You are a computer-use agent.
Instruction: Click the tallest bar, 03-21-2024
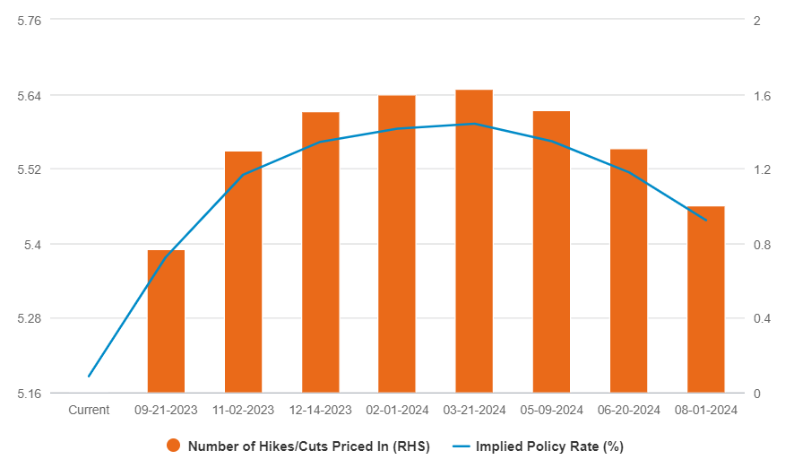coord(474,241)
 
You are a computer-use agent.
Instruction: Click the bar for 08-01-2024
coord(705,299)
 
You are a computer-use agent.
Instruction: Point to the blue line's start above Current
coord(89,377)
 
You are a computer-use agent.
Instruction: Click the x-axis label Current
coord(89,410)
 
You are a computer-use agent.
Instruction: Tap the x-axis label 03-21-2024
coord(474,410)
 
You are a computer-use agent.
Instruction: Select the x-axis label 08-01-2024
coord(705,410)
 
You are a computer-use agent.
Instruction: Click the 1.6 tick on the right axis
coord(763,95)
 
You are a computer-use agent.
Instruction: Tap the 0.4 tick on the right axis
coord(763,318)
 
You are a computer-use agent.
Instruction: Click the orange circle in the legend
coord(174,446)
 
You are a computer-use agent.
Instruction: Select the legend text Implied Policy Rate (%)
coord(549,446)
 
